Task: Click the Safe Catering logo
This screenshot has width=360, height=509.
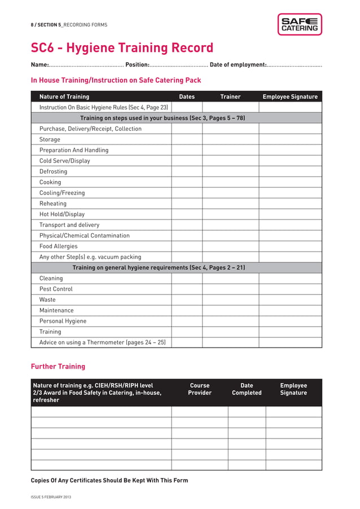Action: pyautogui.click(x=299, y=24)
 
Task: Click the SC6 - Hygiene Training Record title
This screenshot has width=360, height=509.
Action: pyautogui.click(x=122, y=48)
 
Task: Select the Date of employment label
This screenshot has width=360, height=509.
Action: pyautogui.click(x=238, y=65)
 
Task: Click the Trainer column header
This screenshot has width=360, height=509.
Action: pyautogui.click(x=230, y=96)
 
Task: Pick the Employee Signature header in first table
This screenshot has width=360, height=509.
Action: pyautogui.click(x=290, y=96)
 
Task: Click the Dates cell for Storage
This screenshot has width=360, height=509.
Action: pyautogui.click(x=187, y=139)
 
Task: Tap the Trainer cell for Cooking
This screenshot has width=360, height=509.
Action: pyautogui.click(x=230, y=182)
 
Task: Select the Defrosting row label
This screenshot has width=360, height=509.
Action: pyautogui.click(x=53, y=172)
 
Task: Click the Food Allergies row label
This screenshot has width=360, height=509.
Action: pyautogui.click(x=59, y=247)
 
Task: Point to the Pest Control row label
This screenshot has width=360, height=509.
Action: pyautogui.click(x=56, y=289)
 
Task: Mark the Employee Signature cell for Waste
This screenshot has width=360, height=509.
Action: pyautogui.click(x=290, y=300)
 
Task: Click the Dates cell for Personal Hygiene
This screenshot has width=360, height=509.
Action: pyautogui.click(x=187, y=321)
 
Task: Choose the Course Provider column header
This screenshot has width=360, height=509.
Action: pyautogui.click(x=200, y=389)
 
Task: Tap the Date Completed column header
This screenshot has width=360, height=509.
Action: pyautogui.click(x=247, y=389)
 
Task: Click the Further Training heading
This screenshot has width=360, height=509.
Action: pyautogui.click(x=58, y=366)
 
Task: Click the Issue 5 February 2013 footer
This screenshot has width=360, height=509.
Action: pyautogui.click(x=51, y=497)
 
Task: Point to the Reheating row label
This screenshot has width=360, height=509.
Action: pyautogui.click(x=52, y=204)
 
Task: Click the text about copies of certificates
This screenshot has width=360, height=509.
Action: pyautogui.click(x=109, y=480)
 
